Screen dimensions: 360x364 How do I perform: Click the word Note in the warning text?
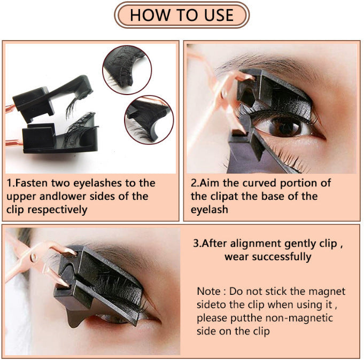pyautogui.click(x=208, y=292)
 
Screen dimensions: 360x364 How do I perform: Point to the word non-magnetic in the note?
pyautogui.click(x=303, y=318)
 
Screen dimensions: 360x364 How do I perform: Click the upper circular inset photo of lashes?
pyautogui.click(x=124, y=68)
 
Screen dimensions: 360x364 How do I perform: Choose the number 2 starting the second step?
pyautogui.click(x=194, y=183)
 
